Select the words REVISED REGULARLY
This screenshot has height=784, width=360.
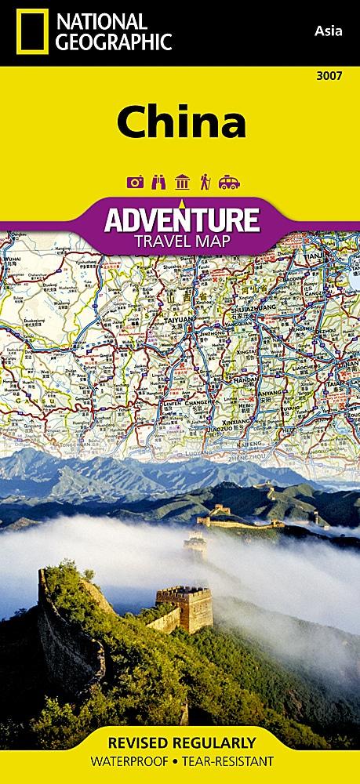[x=180, y=742]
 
